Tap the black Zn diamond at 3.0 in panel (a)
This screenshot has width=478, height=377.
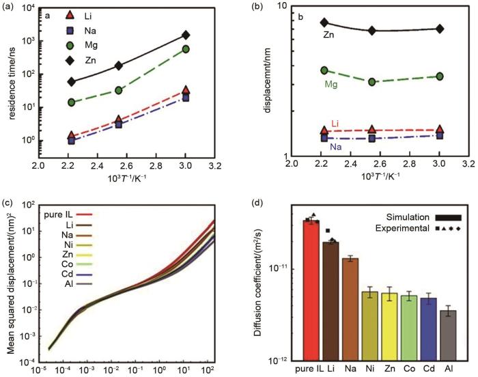(x=205, y=35)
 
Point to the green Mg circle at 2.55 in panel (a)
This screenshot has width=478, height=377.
(x=118, y=90)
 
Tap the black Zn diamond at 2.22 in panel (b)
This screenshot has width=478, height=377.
(x=324, y=23)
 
